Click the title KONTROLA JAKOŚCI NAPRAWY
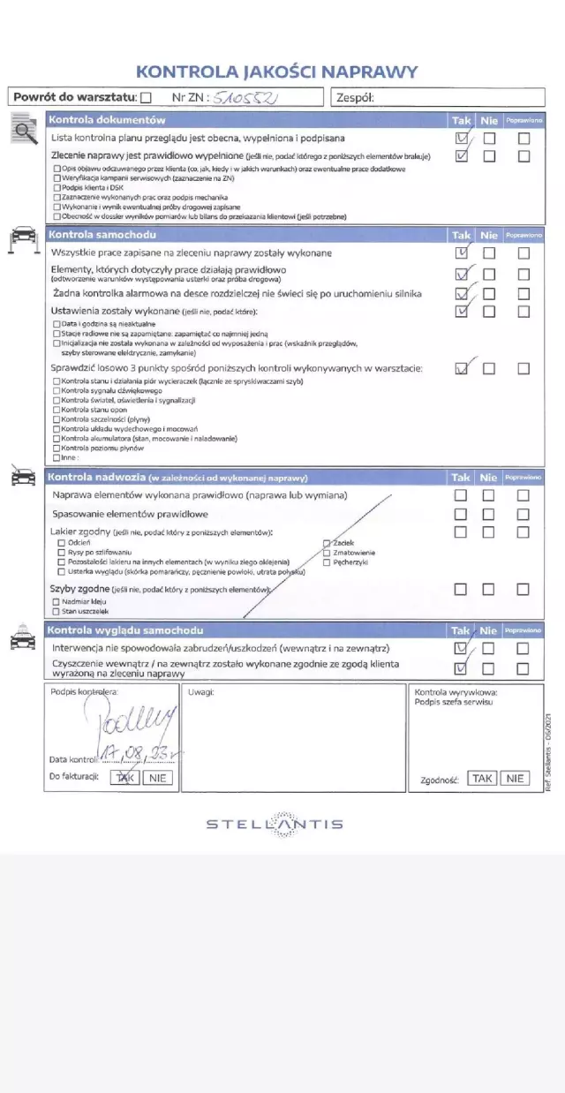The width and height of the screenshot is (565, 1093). tap(276, 72)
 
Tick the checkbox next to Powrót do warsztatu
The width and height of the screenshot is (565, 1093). tap(146, 98)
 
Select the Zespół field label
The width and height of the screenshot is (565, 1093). tap(355, 98)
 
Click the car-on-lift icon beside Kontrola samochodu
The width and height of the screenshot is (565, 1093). tap(21, 238)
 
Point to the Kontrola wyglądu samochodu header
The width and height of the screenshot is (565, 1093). tap(124, 630)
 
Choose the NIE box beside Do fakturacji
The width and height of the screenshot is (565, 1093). tap(159, 778)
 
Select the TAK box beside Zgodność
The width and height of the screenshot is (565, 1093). tap(482, 778)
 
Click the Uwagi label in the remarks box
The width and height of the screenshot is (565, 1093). tap(200, 692)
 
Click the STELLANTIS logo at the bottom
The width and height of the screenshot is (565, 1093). tap(275, 824)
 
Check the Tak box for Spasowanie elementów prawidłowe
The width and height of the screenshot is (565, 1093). tap(460, 514)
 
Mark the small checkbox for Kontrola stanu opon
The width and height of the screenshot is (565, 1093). tap(57, 410)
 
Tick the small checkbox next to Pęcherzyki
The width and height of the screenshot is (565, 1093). tap(327, 562)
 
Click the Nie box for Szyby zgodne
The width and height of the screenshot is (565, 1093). tap(489, 589)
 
